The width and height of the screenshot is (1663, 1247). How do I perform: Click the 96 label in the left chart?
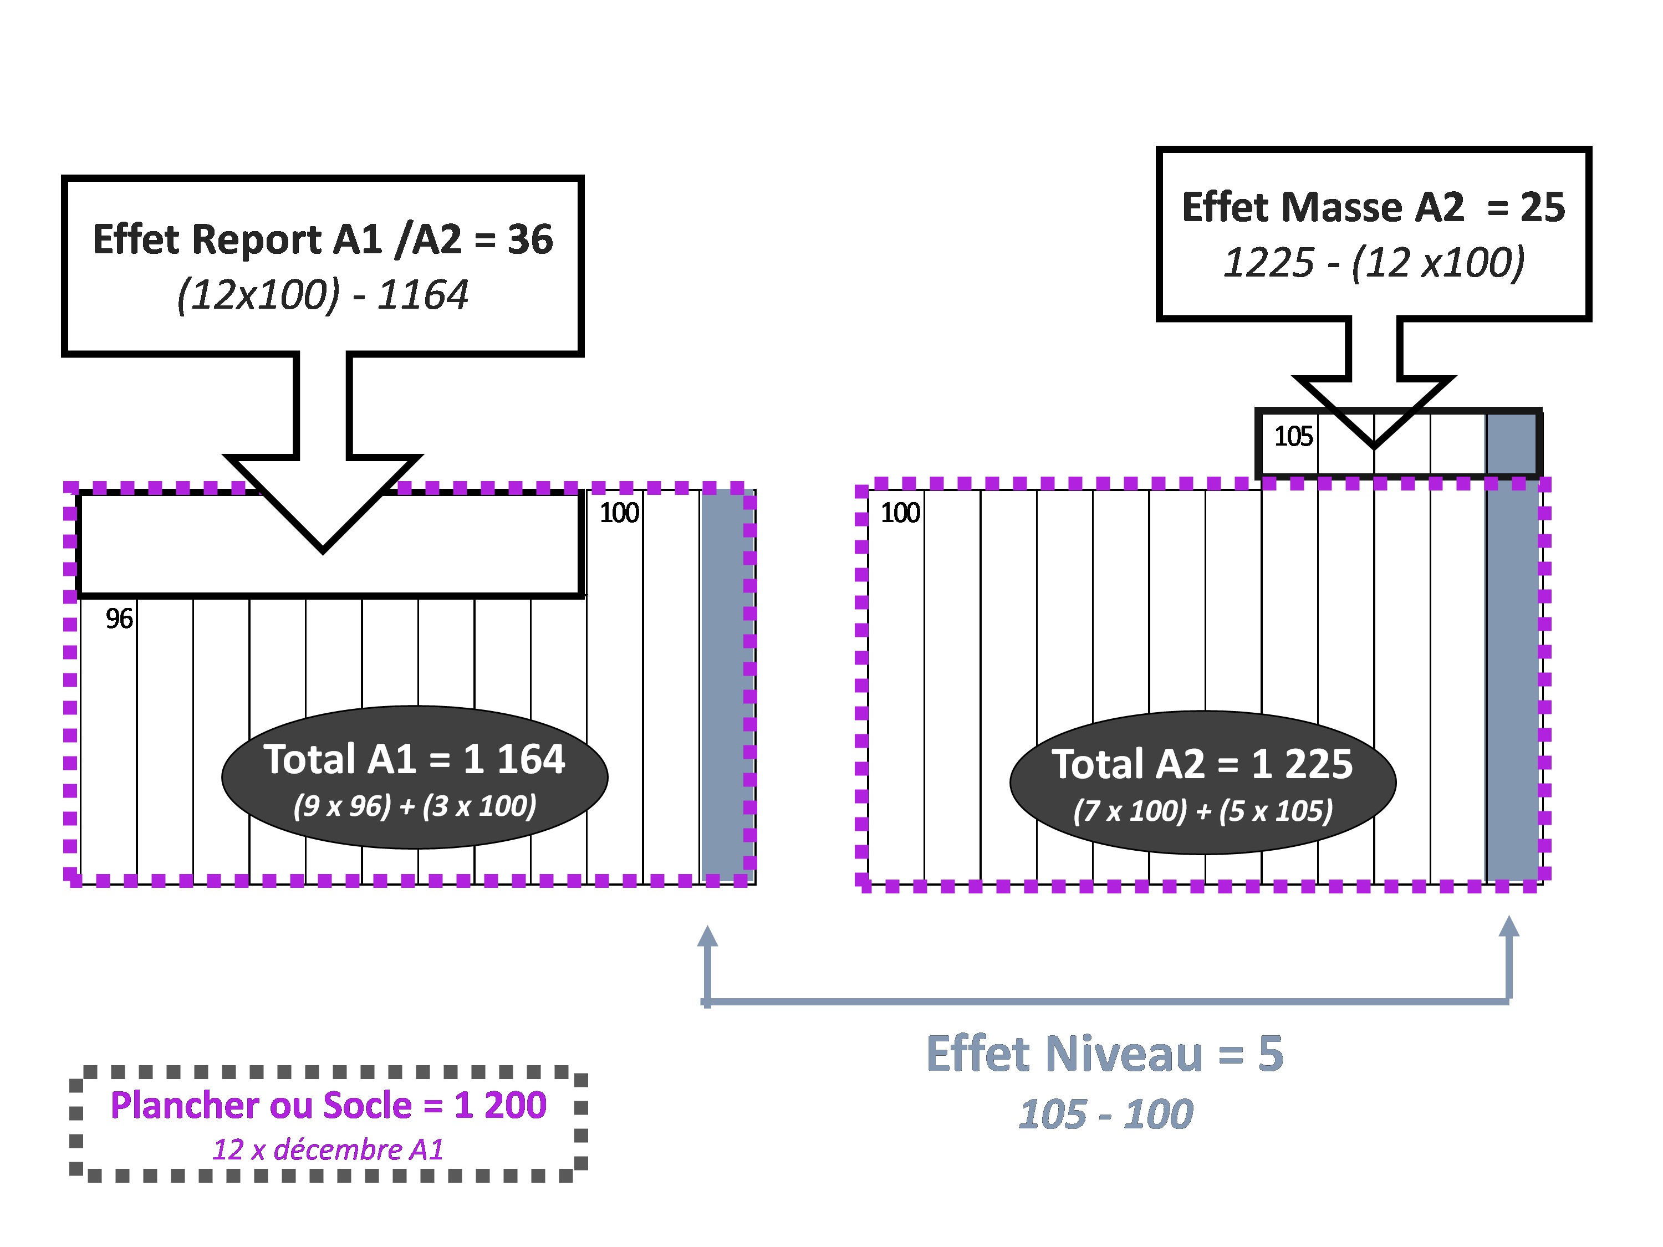119,619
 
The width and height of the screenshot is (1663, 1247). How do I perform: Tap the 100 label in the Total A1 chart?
619,513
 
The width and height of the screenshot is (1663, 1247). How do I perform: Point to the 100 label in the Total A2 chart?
900,513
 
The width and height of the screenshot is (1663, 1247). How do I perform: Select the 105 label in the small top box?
1293,436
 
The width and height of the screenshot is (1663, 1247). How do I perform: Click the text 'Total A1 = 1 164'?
414,759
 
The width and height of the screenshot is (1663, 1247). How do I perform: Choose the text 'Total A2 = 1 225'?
1202,764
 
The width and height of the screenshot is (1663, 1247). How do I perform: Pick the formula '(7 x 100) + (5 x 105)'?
1203,811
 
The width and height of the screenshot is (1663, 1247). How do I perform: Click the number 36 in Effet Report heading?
530,240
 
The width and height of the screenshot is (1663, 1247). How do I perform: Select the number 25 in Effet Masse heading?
1543,207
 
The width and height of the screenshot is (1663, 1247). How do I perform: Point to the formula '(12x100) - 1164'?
323,294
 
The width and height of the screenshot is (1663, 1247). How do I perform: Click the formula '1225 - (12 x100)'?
1374,262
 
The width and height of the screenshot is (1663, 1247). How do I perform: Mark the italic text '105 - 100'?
1105,1114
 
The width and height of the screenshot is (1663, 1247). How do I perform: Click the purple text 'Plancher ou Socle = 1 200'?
329,1105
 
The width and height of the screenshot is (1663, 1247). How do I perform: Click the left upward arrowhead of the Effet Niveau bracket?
707,936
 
